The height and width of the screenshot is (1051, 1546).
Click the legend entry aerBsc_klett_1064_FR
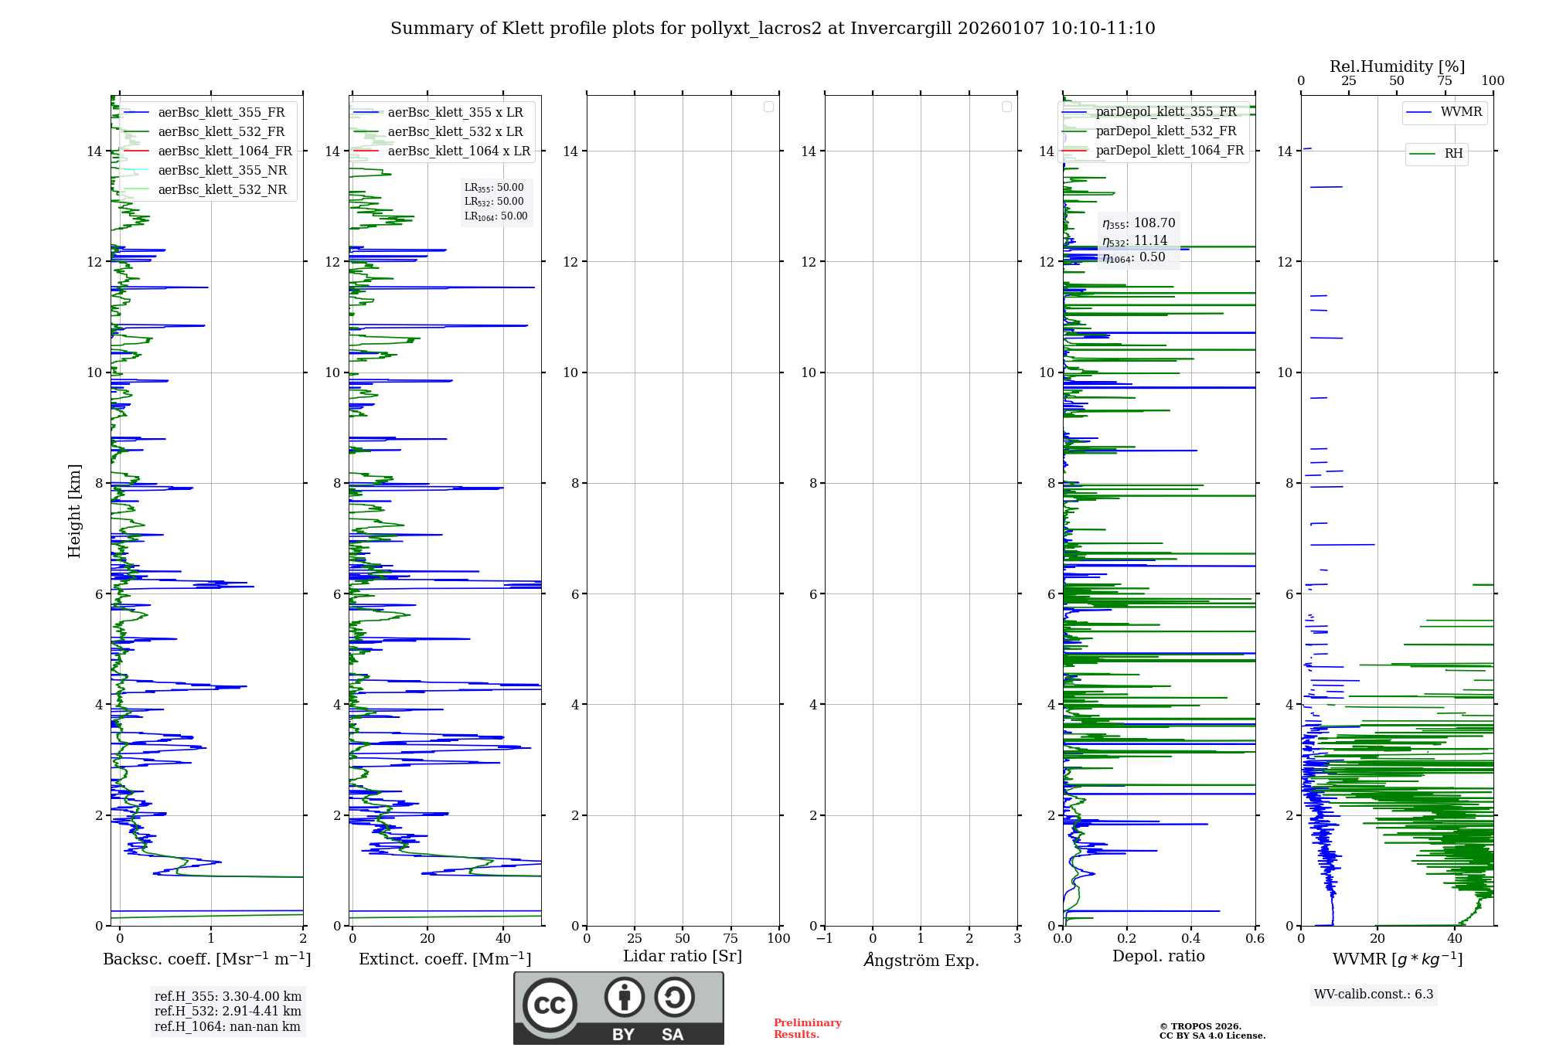click(225, 151)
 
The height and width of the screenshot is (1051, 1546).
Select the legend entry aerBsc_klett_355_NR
click(222, 171)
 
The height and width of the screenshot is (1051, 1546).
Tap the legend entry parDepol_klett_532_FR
click(1166, 131)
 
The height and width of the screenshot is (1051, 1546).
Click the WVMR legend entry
click(1461, 112)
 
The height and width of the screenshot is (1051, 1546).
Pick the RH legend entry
click(1453, 154)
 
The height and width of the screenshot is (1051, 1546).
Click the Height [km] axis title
click(74, 511)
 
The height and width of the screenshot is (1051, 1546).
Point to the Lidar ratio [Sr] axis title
click(683, 956)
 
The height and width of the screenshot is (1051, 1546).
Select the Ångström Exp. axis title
click(921, 960)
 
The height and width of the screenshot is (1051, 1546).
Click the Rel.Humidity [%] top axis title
click(1397, 66)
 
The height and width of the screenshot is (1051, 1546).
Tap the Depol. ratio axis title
click(1158, 956)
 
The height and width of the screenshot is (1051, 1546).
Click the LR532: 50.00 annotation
click(494, 202)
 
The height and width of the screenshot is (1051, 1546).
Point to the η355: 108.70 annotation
click(1139, 223)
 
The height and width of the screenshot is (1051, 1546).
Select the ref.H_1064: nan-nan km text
click(227, 1026)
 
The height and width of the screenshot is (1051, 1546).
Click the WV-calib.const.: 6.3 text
click(1374, 994)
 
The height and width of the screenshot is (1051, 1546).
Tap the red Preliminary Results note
click(807, 1029)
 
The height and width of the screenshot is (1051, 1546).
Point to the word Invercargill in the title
click(901, 29)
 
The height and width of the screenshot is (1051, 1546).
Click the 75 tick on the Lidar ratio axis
click(730, 938)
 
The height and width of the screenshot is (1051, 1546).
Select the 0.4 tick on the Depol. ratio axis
click(1191, 938)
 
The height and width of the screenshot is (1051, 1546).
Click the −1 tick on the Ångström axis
click(825, 938)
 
